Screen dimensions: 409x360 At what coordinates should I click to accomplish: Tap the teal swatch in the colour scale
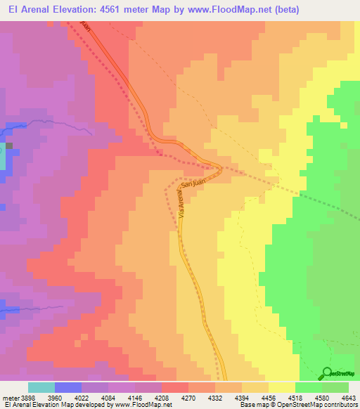click(41, 387)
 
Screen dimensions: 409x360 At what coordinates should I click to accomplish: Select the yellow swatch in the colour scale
click(282, 387)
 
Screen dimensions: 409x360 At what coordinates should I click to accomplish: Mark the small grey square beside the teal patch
click(10, 147)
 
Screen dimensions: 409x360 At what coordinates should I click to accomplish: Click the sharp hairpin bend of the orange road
click(219, 167)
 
